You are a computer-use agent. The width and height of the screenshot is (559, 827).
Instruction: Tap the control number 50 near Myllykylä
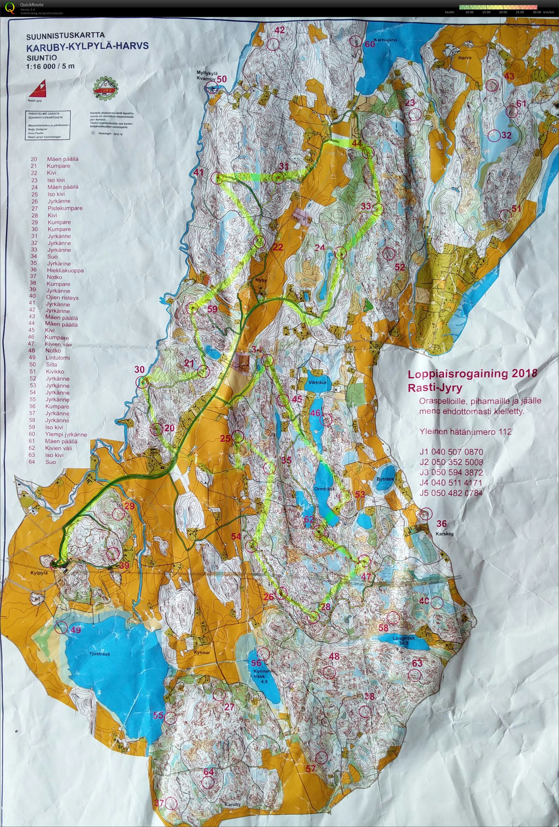(222, 79)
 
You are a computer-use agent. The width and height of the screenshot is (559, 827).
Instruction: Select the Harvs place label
(465, 58)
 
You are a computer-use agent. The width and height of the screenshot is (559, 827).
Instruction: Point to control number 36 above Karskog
(442, 523)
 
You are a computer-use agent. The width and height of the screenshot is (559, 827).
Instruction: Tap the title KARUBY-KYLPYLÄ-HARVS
(87, 46)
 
